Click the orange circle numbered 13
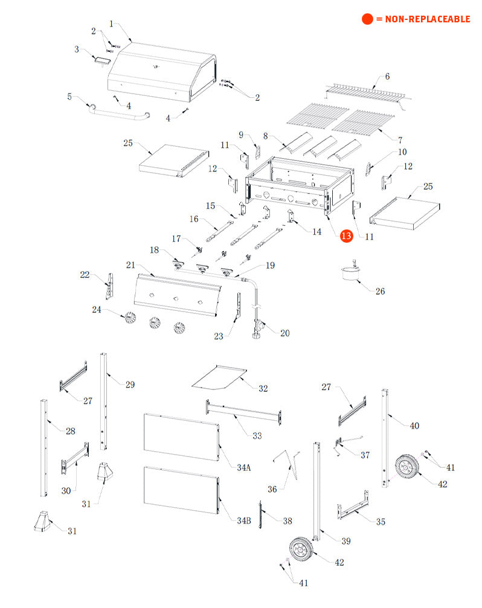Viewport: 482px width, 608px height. tap(346, 237)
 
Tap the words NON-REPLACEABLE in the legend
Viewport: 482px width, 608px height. tap(423, 19)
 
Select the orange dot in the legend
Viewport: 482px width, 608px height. tap(367, 19)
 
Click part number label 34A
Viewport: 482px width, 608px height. tap(244, 467)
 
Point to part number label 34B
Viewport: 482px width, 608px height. tap(243, 520)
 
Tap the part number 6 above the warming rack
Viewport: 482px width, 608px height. tap(387, 77)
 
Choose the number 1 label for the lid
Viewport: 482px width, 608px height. tap(111, 24)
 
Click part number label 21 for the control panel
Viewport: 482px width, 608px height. tap(130, 265)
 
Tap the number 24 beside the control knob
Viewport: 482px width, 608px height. tap(97, 310)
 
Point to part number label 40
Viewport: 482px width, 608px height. tap(414, 426)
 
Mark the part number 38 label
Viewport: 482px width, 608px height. tap(287, 520)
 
